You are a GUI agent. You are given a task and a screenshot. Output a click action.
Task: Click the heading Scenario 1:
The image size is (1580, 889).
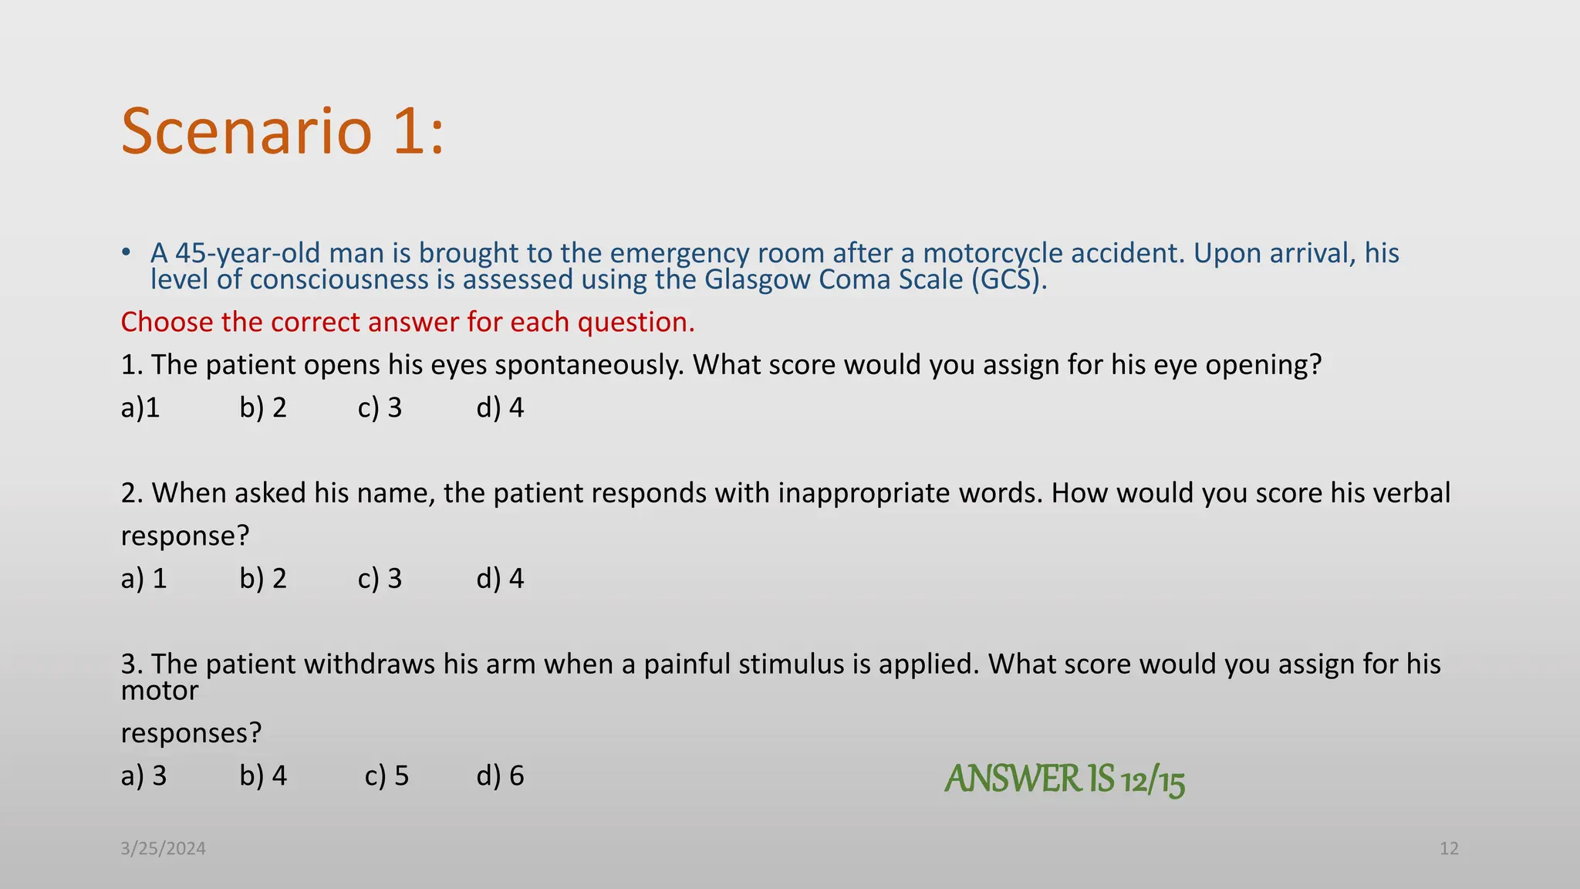tap(282, 131)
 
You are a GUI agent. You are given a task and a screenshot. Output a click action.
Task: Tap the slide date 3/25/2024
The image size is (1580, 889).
tap(163, 849)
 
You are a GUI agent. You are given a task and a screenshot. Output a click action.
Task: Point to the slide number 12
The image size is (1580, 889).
tap(1449, 849)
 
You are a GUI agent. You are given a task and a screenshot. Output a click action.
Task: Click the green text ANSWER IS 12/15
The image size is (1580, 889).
tap(1065, 779)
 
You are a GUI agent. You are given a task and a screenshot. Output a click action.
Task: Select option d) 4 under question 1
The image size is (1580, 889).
tap(500, 407)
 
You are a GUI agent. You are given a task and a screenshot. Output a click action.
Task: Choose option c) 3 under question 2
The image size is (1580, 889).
tap(380, 579)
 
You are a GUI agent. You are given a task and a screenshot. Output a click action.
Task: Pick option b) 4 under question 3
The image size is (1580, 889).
tap(263, 776)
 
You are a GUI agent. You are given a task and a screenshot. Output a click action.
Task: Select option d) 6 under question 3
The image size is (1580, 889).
tap(500, 776)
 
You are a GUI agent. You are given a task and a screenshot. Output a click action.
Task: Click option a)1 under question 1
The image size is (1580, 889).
tap(140, 407)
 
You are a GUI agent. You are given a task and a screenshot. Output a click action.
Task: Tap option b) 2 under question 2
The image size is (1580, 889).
tap(263, 579)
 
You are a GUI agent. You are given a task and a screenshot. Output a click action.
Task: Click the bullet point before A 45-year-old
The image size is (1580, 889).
tap(126, 253)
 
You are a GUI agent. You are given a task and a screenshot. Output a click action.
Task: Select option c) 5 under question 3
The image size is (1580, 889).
tap(387, 776)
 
